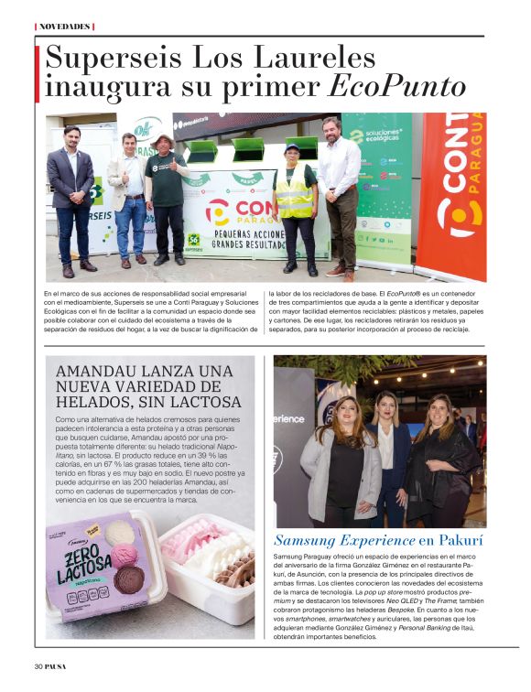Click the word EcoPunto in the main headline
pos(397,86)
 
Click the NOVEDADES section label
pos(64,27)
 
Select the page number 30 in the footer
pos(39,665)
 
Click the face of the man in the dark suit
pos(71,136)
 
